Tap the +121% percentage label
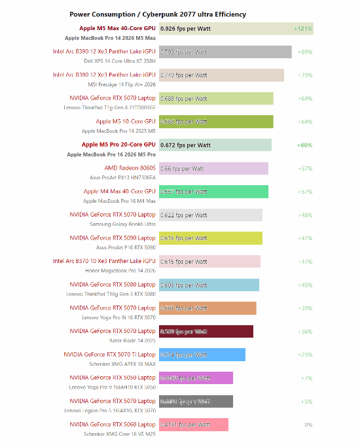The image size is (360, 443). pyautogui.click(x=303, y=29)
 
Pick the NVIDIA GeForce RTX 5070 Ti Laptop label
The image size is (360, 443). pyautogui.click(x=109, y=354)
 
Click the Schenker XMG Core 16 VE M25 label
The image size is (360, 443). pyautogui.click(x=120, y=433)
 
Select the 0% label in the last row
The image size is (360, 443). pyautogui.click(x=308, y=425)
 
